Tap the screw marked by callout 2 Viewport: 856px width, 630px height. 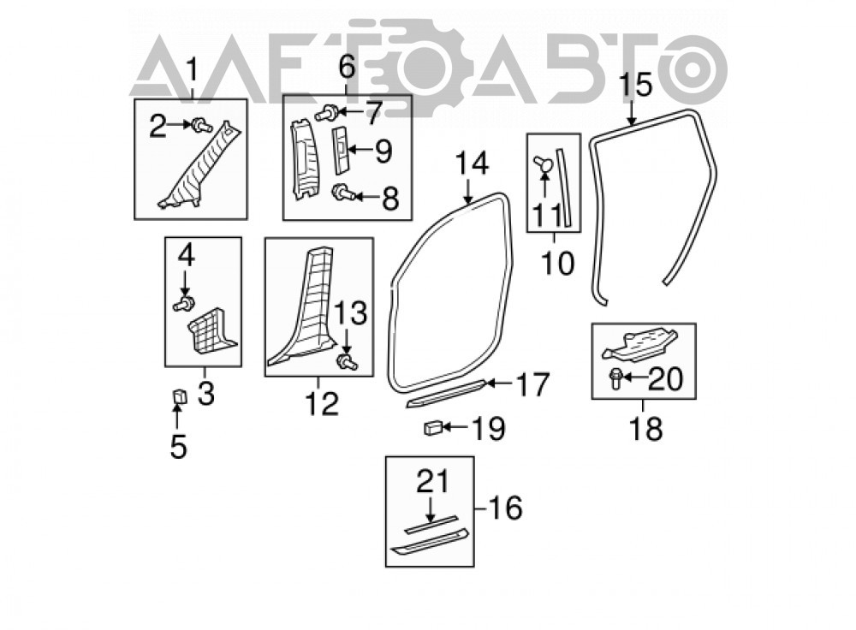click(x=202, y=126)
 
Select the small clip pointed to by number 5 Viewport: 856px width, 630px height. click(x=179, y=396)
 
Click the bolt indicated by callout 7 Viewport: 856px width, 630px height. click(x=326, y=113)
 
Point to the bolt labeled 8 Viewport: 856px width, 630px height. click(x=344, y=192)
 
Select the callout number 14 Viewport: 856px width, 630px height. click(x=473, y=163)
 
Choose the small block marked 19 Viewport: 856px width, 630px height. click(x=433, y=428)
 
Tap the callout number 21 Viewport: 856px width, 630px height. click(x=433, y=482)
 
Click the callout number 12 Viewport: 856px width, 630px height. click(x=322, y=404)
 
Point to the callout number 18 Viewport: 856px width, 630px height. click(x=645, y=429)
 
